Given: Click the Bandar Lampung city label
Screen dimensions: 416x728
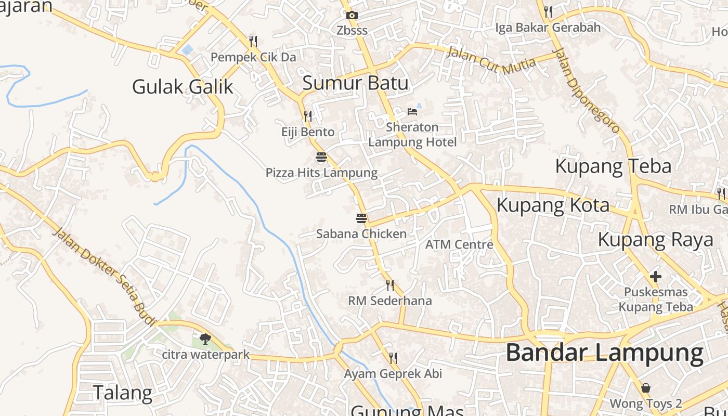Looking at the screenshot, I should [605, 353].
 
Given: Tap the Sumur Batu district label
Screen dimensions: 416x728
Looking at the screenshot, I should [355, 83].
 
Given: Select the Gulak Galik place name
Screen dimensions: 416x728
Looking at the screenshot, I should [183, 86].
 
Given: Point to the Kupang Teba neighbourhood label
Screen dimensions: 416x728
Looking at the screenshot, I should [613, 166].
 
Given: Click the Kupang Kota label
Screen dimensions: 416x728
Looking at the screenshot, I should [553, 205].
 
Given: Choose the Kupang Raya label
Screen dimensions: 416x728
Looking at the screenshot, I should [655, 240].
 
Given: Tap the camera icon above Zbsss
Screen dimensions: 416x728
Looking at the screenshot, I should [352, 16].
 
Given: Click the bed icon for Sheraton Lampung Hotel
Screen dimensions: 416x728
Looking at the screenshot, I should [412, 111].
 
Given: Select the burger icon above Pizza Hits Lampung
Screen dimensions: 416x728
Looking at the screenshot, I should [321, 157].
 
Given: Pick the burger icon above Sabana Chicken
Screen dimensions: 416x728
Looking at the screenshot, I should [361, 218].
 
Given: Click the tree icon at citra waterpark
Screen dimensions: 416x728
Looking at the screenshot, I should [205, 339].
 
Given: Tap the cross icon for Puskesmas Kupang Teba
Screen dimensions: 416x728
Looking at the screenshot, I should [656, 277].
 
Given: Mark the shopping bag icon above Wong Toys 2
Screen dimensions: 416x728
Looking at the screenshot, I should [645, 388].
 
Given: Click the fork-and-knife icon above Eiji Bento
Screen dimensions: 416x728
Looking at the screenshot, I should [308, 116].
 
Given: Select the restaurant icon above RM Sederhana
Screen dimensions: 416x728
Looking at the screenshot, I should [390, 285].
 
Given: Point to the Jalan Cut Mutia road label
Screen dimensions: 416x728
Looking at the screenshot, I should [491, 60].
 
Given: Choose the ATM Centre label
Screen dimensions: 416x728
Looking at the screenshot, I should [459, 244].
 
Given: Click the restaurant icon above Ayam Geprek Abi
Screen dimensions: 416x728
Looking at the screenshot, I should [393, 358].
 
